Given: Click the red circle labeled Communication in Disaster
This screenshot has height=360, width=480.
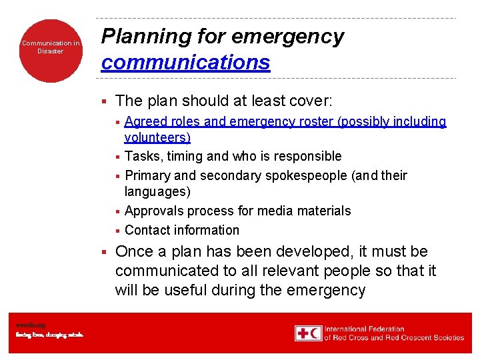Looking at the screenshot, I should tap(51, 50).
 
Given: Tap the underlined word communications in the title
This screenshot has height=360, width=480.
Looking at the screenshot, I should tap(185, 62).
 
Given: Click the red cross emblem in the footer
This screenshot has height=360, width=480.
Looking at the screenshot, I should tap(302, 333).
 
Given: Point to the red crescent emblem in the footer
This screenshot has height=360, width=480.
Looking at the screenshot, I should tap(315, 333).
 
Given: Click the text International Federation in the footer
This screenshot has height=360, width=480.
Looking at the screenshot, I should tap(364, 329).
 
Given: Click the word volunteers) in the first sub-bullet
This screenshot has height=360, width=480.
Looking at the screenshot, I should tap(157, 137).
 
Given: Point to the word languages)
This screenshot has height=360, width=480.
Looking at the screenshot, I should tap(157, 191).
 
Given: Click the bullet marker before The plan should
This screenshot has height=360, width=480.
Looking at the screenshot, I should tap(103, 101).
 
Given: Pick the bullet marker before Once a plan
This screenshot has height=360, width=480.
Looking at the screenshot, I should tap(103, 252).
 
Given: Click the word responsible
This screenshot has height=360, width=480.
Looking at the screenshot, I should tap(311, 156).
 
